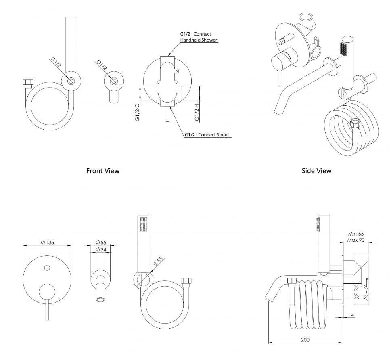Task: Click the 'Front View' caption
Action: [x=103, y=171]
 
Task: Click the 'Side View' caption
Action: [x=316, y=171]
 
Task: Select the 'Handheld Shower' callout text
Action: [x=199, y=40]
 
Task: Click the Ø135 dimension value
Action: [x=48, y=242]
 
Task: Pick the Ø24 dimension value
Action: [x=101, y=250]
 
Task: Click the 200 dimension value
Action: [x=305, y=340]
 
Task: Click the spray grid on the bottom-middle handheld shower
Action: [x=143, y=225]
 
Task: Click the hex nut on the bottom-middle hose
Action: [x=187, y=280]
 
